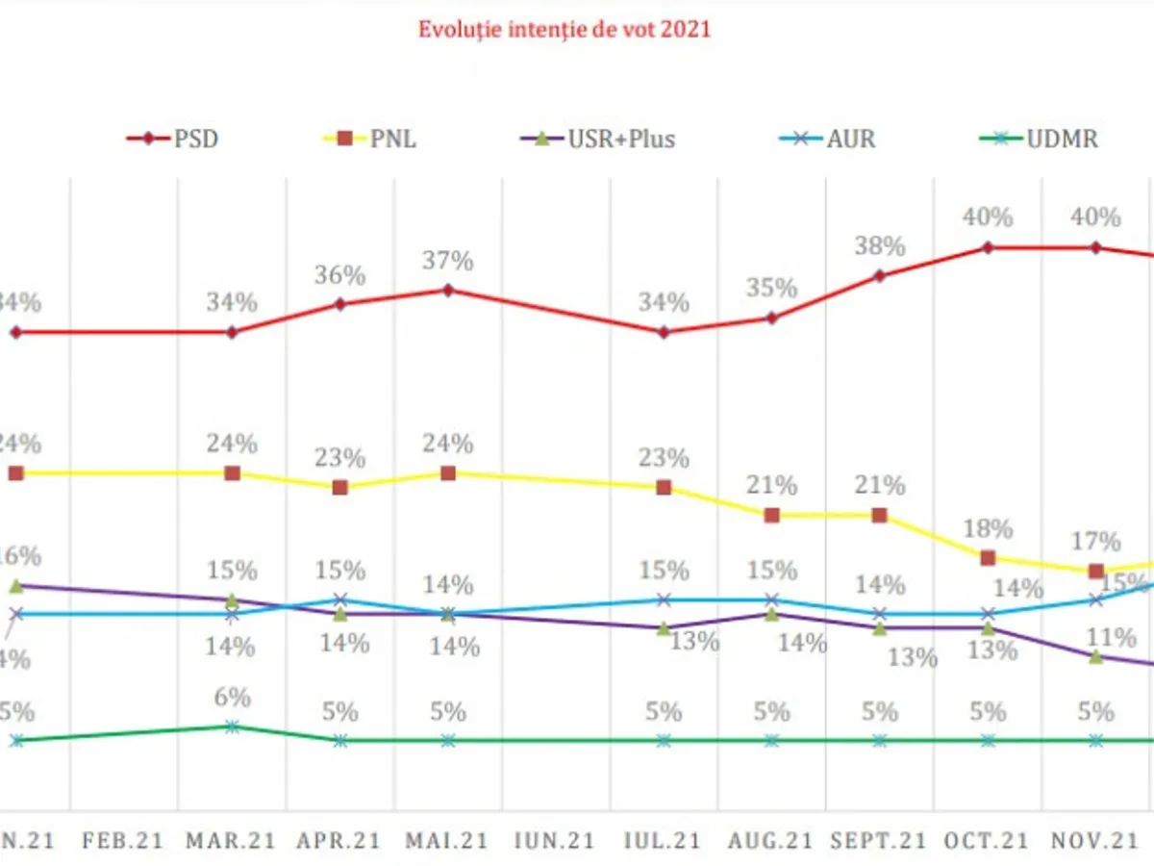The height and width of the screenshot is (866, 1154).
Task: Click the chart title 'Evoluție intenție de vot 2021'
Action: [x=564, y=29]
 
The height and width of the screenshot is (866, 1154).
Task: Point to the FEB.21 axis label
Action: [x=122, y=840]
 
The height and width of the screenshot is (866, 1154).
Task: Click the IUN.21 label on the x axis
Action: [x=554, y=840]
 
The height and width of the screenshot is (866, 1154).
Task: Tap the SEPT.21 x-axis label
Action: [x=878, y=840]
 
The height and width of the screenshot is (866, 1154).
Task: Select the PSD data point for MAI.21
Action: [x=447, y=290]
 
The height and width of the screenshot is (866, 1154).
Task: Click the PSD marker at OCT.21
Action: [x=988, y=247]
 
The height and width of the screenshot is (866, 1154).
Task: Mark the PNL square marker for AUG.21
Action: [x=771, y=516]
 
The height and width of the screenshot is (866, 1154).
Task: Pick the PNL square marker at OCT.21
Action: [x=988, y=558]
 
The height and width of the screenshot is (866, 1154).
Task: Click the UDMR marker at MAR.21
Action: [x=232, y=726]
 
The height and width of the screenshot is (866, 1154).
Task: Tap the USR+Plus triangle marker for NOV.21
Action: [x=1095, y=656]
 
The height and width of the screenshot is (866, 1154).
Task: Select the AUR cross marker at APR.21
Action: [x=339, y=599]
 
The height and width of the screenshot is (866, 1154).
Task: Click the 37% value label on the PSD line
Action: [x=449, y=261]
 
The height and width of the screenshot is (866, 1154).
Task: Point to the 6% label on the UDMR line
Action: [x=233, y=698]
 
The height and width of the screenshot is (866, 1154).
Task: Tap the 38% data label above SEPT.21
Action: [x=881, y=247]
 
